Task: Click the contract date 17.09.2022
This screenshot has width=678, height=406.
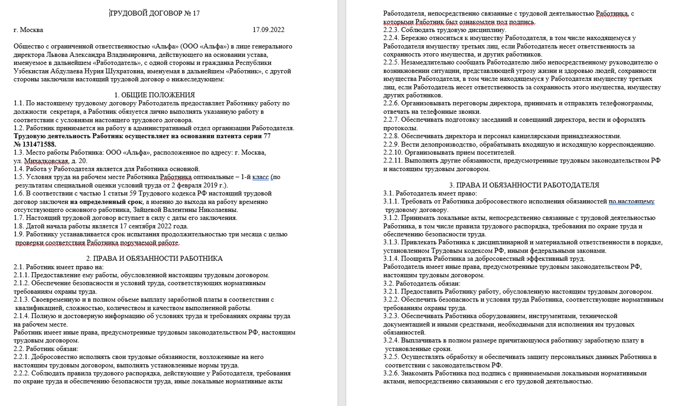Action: coord(268,30)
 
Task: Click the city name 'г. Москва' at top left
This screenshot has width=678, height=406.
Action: coord(28,30)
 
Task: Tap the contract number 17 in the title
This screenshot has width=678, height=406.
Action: coord(196,13)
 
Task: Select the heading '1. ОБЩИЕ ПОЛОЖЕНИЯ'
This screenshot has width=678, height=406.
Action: coord(155,95)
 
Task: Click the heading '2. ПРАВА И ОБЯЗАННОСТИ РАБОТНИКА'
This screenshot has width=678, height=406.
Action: coord(154,259)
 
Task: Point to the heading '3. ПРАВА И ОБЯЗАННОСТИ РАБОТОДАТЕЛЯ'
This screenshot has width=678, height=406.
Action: coord(524,185)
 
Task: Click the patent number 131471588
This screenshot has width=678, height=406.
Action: coord(39,144)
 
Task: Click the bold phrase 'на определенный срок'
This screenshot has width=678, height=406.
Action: coord(106,202)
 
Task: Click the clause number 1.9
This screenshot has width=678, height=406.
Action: coord(19,234)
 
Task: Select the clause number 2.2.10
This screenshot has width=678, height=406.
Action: coord(393,153)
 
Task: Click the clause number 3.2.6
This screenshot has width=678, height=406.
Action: coord(391,373)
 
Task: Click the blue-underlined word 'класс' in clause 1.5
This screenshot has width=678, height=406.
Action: coord(260,177)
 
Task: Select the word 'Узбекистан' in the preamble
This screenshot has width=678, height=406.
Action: coord(30,71)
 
